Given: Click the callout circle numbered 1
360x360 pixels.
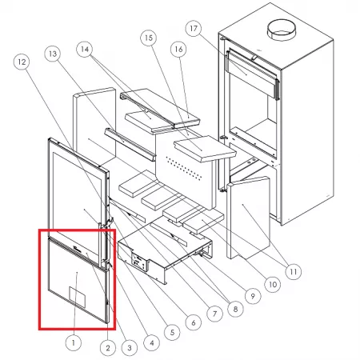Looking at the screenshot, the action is (x=74, y=342).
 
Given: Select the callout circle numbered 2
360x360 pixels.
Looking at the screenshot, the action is (x=108, y=347).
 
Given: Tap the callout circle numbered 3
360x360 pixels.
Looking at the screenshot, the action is (x=130, y=347).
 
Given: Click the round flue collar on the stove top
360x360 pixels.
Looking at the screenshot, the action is (x=282, y=30).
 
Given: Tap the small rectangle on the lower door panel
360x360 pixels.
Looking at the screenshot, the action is (x=78, y=297).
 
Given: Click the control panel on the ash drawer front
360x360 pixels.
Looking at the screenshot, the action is (x=140, y=262).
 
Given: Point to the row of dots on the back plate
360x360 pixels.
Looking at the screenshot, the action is (x=183, y=168).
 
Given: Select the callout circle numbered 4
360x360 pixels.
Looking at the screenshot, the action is (x=151, y=342).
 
